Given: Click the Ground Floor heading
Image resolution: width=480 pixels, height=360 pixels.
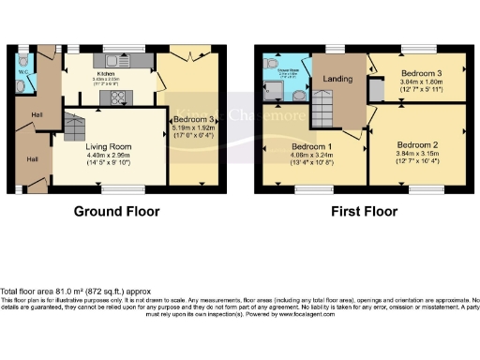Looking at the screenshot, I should point(117,212).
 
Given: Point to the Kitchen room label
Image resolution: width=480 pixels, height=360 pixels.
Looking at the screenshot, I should point(105,69).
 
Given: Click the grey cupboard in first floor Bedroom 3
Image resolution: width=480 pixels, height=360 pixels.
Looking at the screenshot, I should point(377,91).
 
